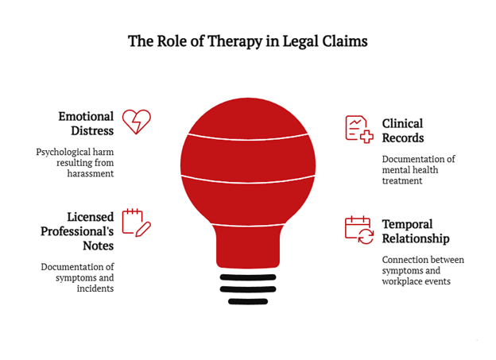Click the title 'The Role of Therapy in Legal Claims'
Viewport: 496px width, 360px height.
coord(248,41)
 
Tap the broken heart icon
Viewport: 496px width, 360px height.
coord(136,122)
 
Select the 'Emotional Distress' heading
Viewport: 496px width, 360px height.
coord(86,123)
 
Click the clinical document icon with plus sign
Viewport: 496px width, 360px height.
coord(358,129)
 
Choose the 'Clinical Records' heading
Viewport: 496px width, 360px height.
coord(402,130)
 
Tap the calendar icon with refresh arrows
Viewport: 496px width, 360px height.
coord(358,230)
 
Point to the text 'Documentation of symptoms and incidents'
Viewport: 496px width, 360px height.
coord(78,277)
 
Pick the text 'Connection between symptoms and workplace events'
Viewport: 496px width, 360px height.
coord(422,270)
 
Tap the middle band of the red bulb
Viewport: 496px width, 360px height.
coord(248,157)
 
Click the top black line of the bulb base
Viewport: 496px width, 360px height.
coord(248,277)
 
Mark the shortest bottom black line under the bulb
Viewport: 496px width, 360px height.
coord(248,301)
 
